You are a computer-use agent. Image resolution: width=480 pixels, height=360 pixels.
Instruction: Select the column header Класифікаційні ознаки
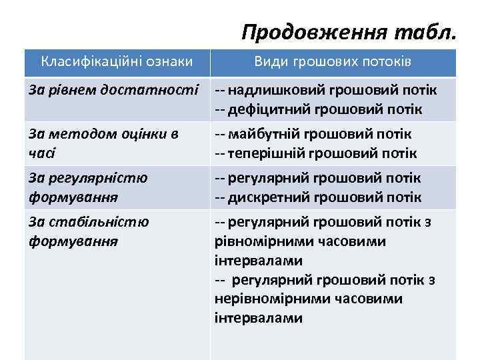[117, 62]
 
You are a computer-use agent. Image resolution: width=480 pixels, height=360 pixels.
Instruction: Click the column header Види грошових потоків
[333, 62]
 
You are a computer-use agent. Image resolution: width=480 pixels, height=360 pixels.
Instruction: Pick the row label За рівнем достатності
[114, 89]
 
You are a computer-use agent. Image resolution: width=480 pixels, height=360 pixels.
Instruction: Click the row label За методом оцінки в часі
[103, 143]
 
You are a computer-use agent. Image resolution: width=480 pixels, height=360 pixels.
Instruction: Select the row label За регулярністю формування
[89, 187]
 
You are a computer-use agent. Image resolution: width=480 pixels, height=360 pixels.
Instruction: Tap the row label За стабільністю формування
[89, 231]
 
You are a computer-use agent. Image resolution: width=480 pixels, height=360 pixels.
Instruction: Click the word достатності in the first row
[161, 89]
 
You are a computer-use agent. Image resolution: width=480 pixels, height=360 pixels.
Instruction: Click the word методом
[72, 134]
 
